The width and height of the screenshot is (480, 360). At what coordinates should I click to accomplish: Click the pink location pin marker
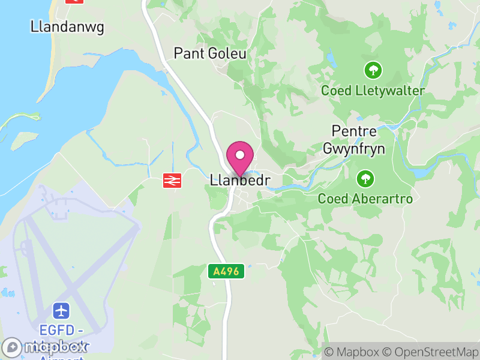[240, 156]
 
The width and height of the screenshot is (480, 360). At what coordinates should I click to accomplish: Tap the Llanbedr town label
[241, 180]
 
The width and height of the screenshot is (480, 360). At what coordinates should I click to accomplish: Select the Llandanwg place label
[58, 26]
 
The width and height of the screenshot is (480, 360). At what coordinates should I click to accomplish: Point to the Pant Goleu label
[210, 53]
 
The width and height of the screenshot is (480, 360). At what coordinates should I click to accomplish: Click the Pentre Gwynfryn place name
[354, 139]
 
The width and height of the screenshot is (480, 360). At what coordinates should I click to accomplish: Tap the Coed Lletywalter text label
[373, 91]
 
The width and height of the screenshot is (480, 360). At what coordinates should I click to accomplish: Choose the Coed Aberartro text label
[365, 199]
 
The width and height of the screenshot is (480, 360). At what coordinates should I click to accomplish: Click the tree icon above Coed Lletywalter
[373, 70]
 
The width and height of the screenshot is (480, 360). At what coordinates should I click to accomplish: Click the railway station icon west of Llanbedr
[172, 180]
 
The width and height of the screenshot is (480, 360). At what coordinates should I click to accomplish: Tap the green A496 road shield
[227, 271]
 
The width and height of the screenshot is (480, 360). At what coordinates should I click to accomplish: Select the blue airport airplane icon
[61, 311]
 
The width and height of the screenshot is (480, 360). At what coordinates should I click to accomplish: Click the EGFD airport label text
[62, 330]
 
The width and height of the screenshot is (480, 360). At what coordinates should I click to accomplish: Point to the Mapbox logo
[45, 347]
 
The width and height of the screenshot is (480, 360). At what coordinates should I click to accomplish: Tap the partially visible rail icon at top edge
[74, 1]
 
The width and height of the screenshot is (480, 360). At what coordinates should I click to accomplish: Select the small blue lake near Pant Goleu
[330, 59]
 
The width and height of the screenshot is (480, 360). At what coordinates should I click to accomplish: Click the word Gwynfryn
[354, 148]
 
